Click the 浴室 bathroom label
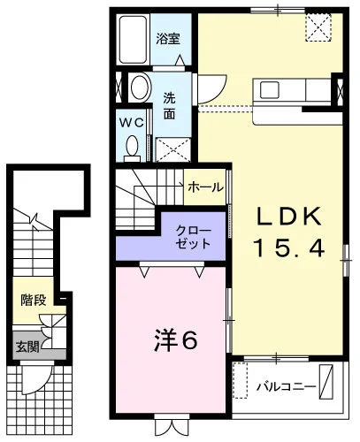point(168,38)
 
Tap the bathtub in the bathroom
point(134,40)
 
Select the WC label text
point(132,123)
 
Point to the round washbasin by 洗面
point(141,88)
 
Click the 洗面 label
point(170,106)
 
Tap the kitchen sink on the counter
point(270,89)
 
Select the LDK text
point(288,217)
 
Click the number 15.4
point(289,248)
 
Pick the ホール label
point(205,187)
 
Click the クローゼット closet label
point(193,237)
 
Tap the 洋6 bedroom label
point(176,341)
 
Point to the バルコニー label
point(287,386)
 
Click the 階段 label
point(34,300)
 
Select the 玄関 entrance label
point(27,347)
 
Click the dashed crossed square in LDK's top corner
point(318,27)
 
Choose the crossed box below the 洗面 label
point(172,149)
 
